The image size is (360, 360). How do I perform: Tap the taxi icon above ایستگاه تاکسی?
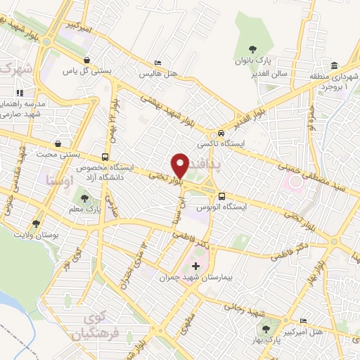[x=221, y=133]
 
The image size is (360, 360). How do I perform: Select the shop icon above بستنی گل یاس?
[x=86, y=60]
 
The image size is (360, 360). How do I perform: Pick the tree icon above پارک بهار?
[x=265, y=328]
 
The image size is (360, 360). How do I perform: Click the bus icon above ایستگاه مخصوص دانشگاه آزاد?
[x=105, y=157]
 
